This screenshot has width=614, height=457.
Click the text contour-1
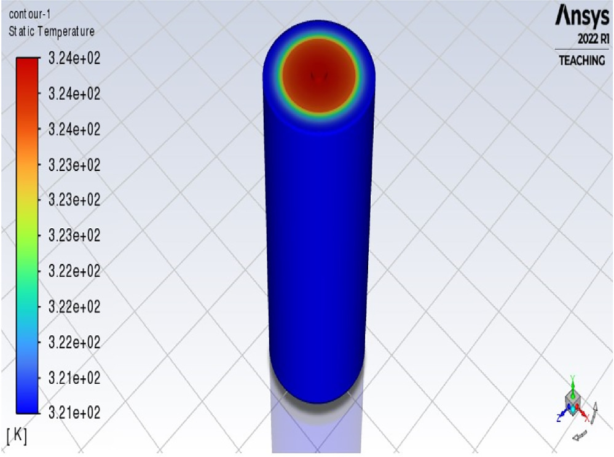point(22,14)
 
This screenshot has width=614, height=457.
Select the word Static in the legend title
point(20,31)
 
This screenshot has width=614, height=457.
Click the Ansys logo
point(581,17)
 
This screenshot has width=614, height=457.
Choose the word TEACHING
point(581,60)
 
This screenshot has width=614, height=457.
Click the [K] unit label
point(17,435)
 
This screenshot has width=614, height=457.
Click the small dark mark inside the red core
point(319,76)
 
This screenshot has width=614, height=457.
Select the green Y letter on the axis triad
point(572,378)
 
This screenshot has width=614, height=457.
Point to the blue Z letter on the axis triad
point(558,418)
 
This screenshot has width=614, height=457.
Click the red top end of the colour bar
point(27,62)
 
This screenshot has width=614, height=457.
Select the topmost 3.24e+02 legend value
point(74,59)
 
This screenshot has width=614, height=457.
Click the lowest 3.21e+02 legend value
point(74,411)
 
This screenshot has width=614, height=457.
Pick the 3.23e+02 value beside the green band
point(74,235)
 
